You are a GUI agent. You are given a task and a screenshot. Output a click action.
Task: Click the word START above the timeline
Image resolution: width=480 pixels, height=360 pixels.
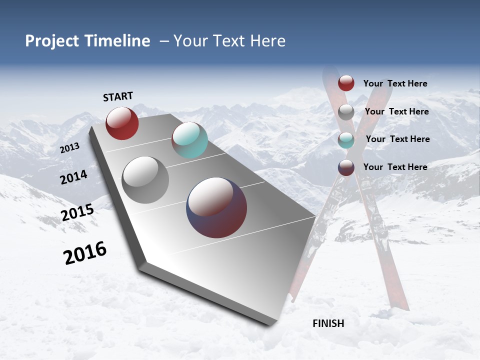point(118,96)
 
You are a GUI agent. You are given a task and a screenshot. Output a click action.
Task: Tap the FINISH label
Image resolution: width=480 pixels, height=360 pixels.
point(328,323)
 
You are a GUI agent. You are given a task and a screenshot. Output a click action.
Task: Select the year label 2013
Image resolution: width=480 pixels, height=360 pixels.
point(69,147)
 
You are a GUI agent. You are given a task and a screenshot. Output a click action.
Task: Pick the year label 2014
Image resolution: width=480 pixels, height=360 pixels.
point(73,177)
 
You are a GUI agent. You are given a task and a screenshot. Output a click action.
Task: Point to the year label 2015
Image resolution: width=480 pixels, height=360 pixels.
point(77,212)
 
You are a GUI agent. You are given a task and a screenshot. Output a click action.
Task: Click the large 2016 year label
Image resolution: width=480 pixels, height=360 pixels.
point(85,253)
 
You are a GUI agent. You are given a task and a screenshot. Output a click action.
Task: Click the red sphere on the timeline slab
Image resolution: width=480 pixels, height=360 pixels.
point(122,123)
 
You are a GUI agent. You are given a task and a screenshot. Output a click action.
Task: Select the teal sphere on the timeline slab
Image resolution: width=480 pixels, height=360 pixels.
point(189,140)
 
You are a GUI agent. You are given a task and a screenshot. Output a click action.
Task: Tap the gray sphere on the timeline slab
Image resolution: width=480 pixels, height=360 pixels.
point(145,179)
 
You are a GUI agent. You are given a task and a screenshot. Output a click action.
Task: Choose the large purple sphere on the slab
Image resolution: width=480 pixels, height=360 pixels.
point(216,207)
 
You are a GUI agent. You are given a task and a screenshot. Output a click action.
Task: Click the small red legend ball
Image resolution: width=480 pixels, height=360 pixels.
point(346,83)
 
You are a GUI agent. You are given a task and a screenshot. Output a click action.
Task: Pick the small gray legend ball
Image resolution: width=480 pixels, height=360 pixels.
point(346,112)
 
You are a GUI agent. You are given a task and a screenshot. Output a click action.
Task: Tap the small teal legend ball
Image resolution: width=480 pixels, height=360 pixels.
point(346,140)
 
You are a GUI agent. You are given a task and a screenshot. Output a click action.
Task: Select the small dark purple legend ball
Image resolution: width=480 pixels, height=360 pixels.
point(346,167)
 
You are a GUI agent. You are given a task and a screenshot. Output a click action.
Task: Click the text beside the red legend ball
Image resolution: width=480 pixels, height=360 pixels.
point(395,83)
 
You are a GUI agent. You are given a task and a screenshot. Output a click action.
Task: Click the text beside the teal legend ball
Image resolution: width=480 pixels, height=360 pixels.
point(397,139)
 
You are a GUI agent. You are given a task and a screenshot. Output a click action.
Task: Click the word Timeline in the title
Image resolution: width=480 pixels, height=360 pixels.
point(119,41)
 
